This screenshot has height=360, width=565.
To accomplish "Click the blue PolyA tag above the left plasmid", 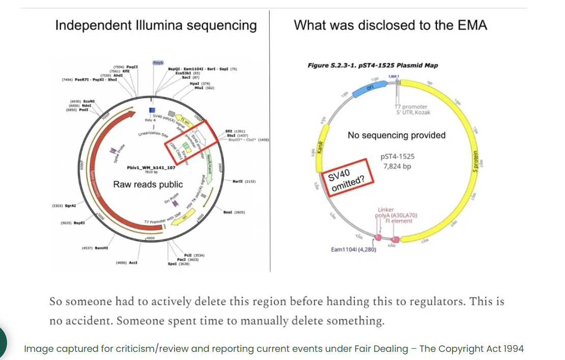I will pos(158,63).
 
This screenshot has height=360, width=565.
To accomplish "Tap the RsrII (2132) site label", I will pos(244,181).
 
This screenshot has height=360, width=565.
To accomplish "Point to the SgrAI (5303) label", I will pos(64,206).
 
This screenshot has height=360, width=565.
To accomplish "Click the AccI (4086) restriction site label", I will pos(127,263).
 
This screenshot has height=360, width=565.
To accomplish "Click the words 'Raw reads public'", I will pos(148,184).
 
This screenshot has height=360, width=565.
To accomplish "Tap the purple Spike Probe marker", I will pos(114,151).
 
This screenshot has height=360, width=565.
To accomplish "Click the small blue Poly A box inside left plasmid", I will pos(152,110).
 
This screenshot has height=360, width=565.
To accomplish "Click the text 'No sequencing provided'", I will pos(397,135).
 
